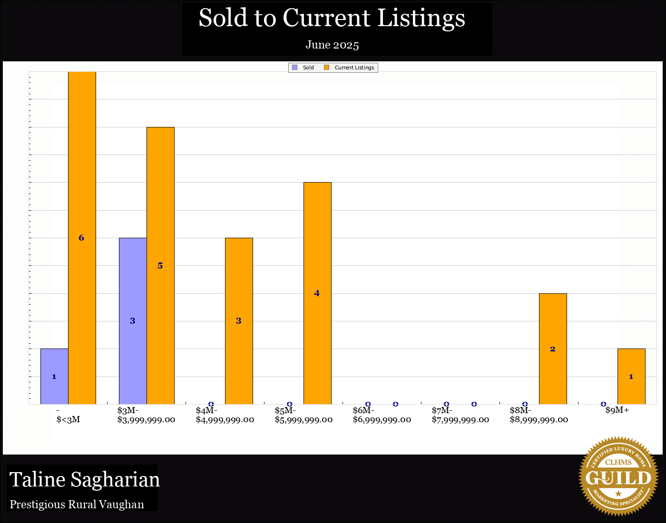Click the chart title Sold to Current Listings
[x=332, y=18]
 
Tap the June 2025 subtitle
[x=332, y=45]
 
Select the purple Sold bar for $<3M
[x=54, y=376]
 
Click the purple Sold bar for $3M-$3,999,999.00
[x=133, y=321]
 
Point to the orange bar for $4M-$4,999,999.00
[x=239, y=321]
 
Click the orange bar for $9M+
[x=631, y=376]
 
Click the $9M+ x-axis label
[x=617, y=410]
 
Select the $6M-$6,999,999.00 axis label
[x=382, y=415]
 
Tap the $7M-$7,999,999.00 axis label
[x=460, y=415]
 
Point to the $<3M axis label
[x=68, y=419]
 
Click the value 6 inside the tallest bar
[x=81, y=238]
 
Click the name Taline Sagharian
[x=85, y=479]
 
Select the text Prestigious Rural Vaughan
[x=77, y=504]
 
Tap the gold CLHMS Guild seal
[x=618, y=476]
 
